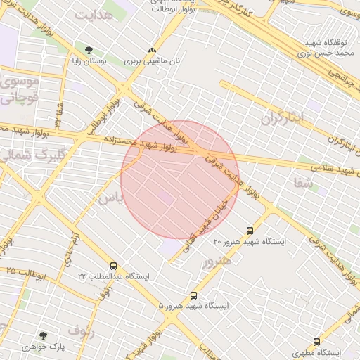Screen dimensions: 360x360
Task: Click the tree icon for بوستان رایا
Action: coord(89,50)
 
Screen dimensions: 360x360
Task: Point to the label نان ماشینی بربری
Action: coord(153,61)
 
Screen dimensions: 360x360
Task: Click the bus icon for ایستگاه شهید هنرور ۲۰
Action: coord(250,231)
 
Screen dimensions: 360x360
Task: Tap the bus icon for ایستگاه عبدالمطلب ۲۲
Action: coord(114,266)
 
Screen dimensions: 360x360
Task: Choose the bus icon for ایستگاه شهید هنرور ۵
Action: coord(194,296)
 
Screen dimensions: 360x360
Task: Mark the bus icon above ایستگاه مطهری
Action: coord(316,342)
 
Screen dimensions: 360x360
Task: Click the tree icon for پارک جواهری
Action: coord(43,336)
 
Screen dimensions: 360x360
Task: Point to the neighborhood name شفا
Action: coord(303,182)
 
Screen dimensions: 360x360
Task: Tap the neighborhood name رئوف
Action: coord(81,329)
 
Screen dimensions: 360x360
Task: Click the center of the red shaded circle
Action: coord(180,179)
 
